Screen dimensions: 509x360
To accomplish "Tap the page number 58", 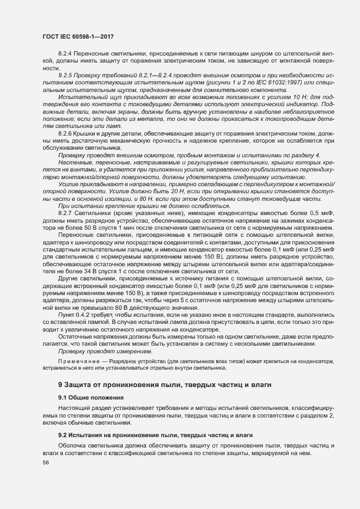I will tap(46, 462).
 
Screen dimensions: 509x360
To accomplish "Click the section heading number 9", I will tap(60, 385).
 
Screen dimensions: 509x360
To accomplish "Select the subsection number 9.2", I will tap(63, 434).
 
